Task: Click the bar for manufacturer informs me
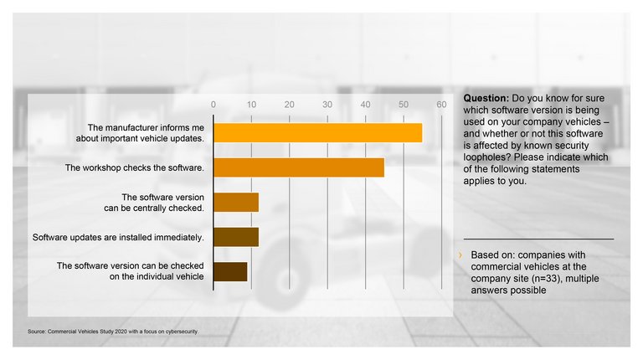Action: (x=318, y=132)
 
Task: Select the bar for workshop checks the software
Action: (x=299, y=167)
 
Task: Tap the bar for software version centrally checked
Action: (x=236, y=202)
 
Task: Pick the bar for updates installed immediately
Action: (x=236, y=237)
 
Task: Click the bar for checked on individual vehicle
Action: (x=230, y=271)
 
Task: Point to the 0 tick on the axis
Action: (x=214, y=104)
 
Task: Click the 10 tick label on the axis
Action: (x=251, y=104)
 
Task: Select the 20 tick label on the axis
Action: (x=290, y=104)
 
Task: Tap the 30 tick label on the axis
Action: (x=327, y=104)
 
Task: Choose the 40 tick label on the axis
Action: (x=365, y=104)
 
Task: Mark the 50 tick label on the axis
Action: (x=404, y=104)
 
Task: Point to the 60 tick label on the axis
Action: (x=441, y=104)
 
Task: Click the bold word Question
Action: (x=486, y=98)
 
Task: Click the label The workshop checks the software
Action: (x=135, y=167)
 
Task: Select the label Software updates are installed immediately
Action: (x=118, y=238)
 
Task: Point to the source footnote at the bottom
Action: (x=113, y=332)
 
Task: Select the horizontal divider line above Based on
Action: (x=538, y=239)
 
